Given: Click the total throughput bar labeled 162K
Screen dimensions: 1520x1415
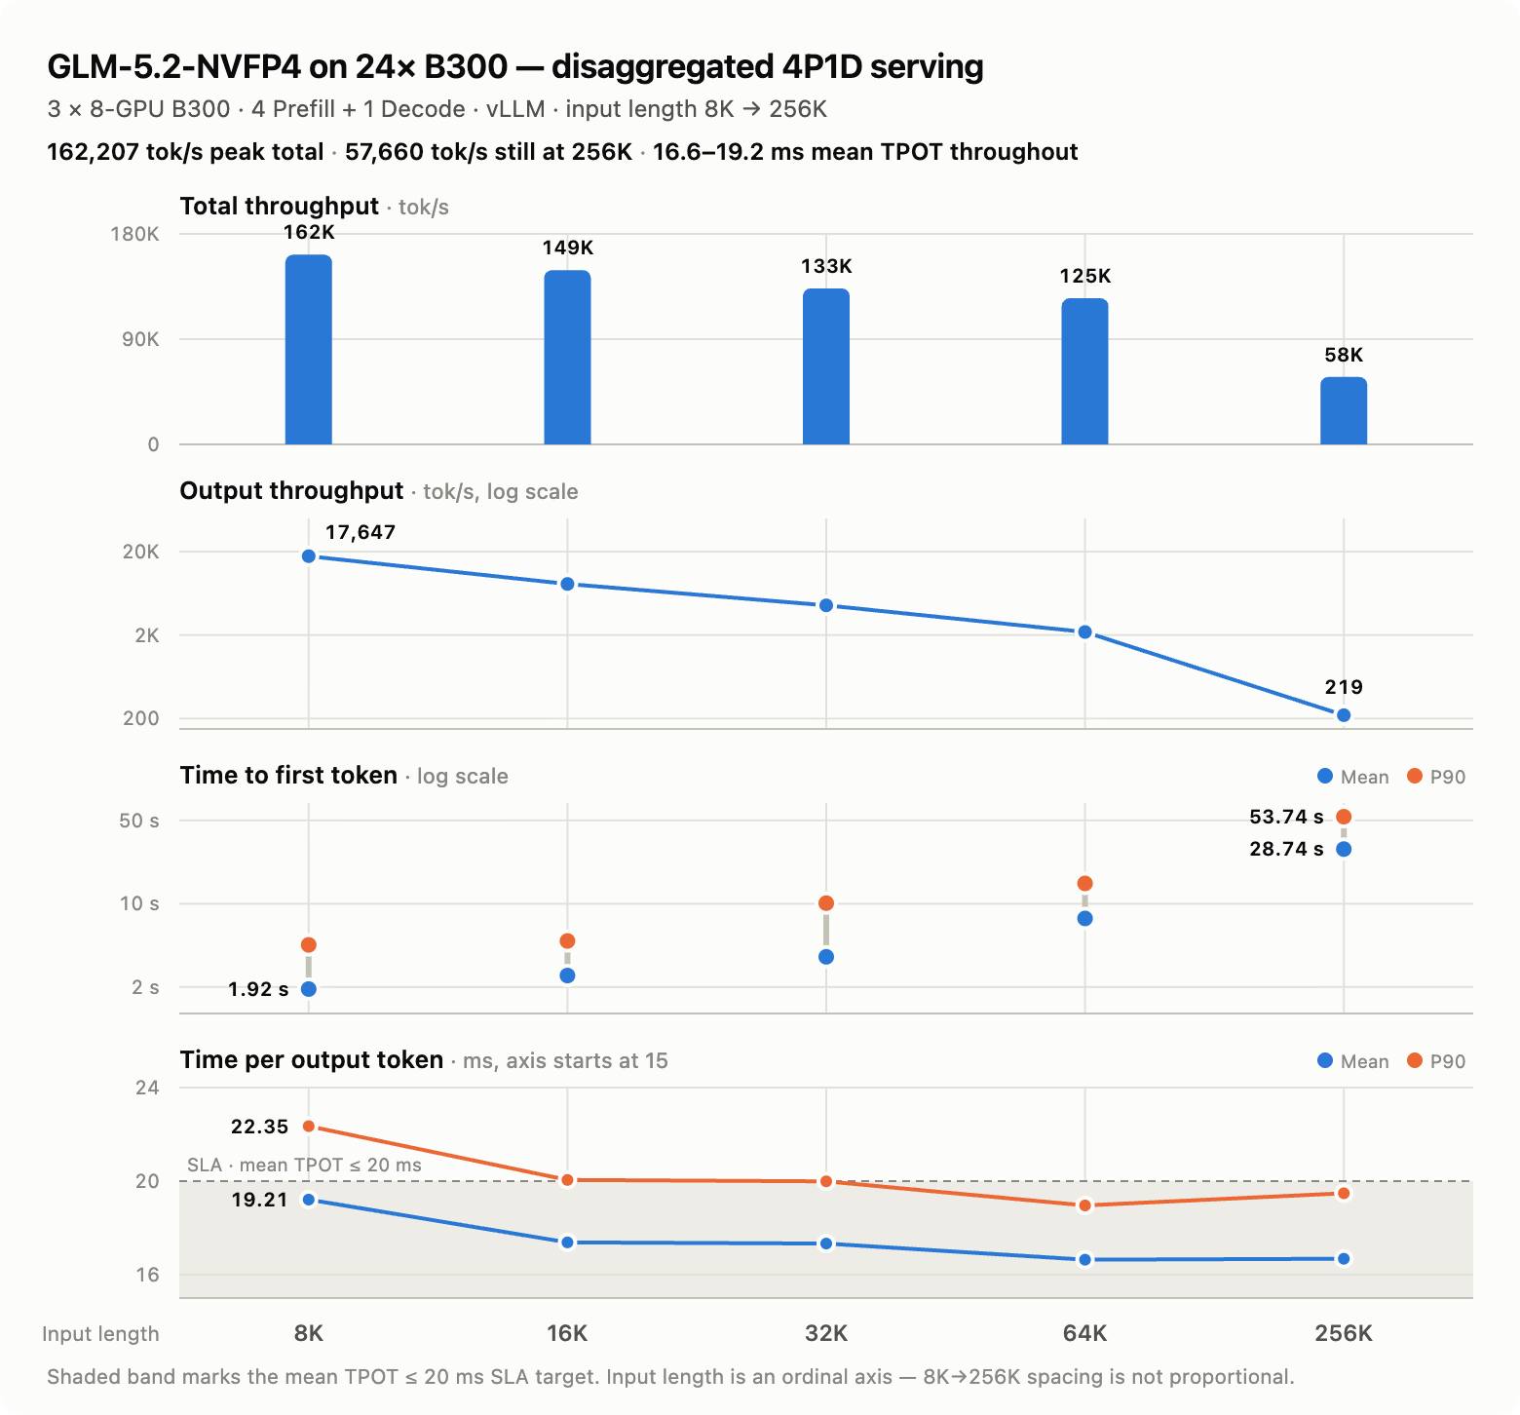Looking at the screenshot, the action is coord(308,349).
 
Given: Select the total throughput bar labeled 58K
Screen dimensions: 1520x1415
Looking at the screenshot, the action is coord(1344,410).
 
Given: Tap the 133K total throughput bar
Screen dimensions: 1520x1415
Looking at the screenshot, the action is coord(826,366).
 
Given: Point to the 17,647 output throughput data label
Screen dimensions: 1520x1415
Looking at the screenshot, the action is coord(361,532).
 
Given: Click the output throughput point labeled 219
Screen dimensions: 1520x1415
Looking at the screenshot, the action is coord(1344,715).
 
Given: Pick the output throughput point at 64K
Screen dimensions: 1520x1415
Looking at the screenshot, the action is coord(1084,632).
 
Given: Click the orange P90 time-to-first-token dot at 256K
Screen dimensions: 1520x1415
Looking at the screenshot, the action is coord(1344,817).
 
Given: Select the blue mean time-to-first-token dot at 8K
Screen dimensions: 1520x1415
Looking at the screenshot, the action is coord(309,989).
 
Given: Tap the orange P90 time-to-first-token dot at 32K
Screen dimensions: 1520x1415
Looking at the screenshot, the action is coord(826,903).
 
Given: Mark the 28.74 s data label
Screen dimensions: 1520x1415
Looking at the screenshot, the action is coord(1286,849).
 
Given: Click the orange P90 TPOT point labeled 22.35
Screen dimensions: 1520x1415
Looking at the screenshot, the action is coord(309,1127).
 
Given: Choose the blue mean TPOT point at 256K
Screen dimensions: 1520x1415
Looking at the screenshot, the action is coord(1344,1259).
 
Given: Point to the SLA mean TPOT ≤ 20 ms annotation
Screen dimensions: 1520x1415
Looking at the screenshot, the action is coord(304,1166).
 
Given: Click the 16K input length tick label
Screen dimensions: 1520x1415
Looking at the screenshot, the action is coord(567,1333).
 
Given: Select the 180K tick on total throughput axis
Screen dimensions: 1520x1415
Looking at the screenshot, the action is coord(134,234).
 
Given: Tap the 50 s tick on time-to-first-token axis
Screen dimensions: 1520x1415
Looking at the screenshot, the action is coord(138,821).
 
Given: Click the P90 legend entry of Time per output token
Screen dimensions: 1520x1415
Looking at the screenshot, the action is coord(1436,1061).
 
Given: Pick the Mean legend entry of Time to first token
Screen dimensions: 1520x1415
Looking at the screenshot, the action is coord(1352,777).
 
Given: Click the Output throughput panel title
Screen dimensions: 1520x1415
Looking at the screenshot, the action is coord(291,491).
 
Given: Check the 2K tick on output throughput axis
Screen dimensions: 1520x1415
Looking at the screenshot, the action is coord(147,635).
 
